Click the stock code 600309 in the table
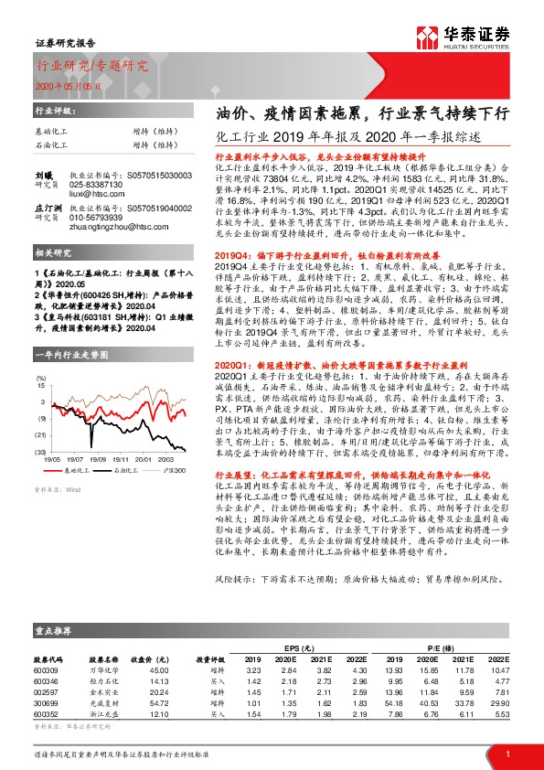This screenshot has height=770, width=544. click(x=46, y=670)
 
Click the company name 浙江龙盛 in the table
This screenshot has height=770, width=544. click(x=101, y=714)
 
